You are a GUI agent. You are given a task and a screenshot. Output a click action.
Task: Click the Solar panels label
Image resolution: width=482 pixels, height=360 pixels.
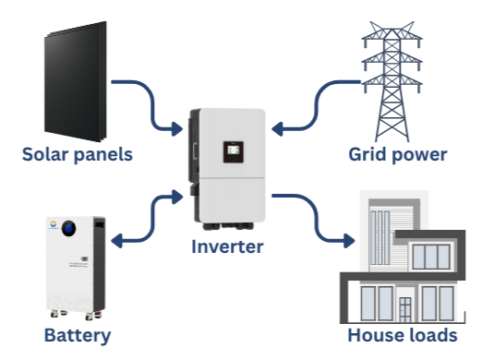tap(78, 154)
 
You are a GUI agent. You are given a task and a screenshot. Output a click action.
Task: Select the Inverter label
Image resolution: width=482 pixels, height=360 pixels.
tap(228, 246)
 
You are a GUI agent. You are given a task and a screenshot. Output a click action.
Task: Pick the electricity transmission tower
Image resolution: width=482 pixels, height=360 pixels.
tap(399, 74)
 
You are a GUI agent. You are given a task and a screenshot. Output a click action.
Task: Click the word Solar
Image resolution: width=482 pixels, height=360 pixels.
tap(46, 154)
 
